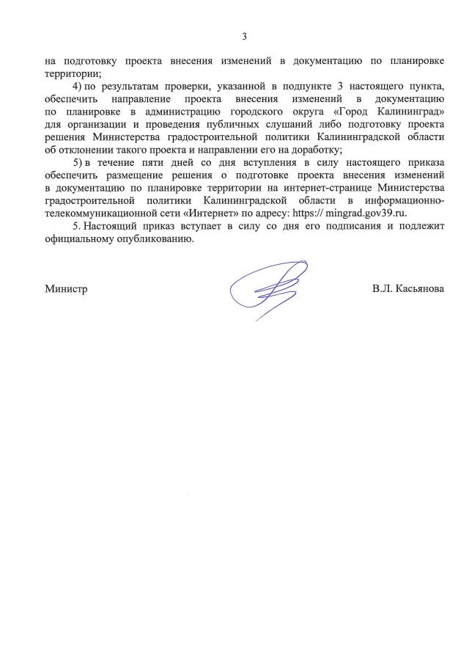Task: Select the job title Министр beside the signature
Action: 66,290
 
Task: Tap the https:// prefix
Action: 309,213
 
